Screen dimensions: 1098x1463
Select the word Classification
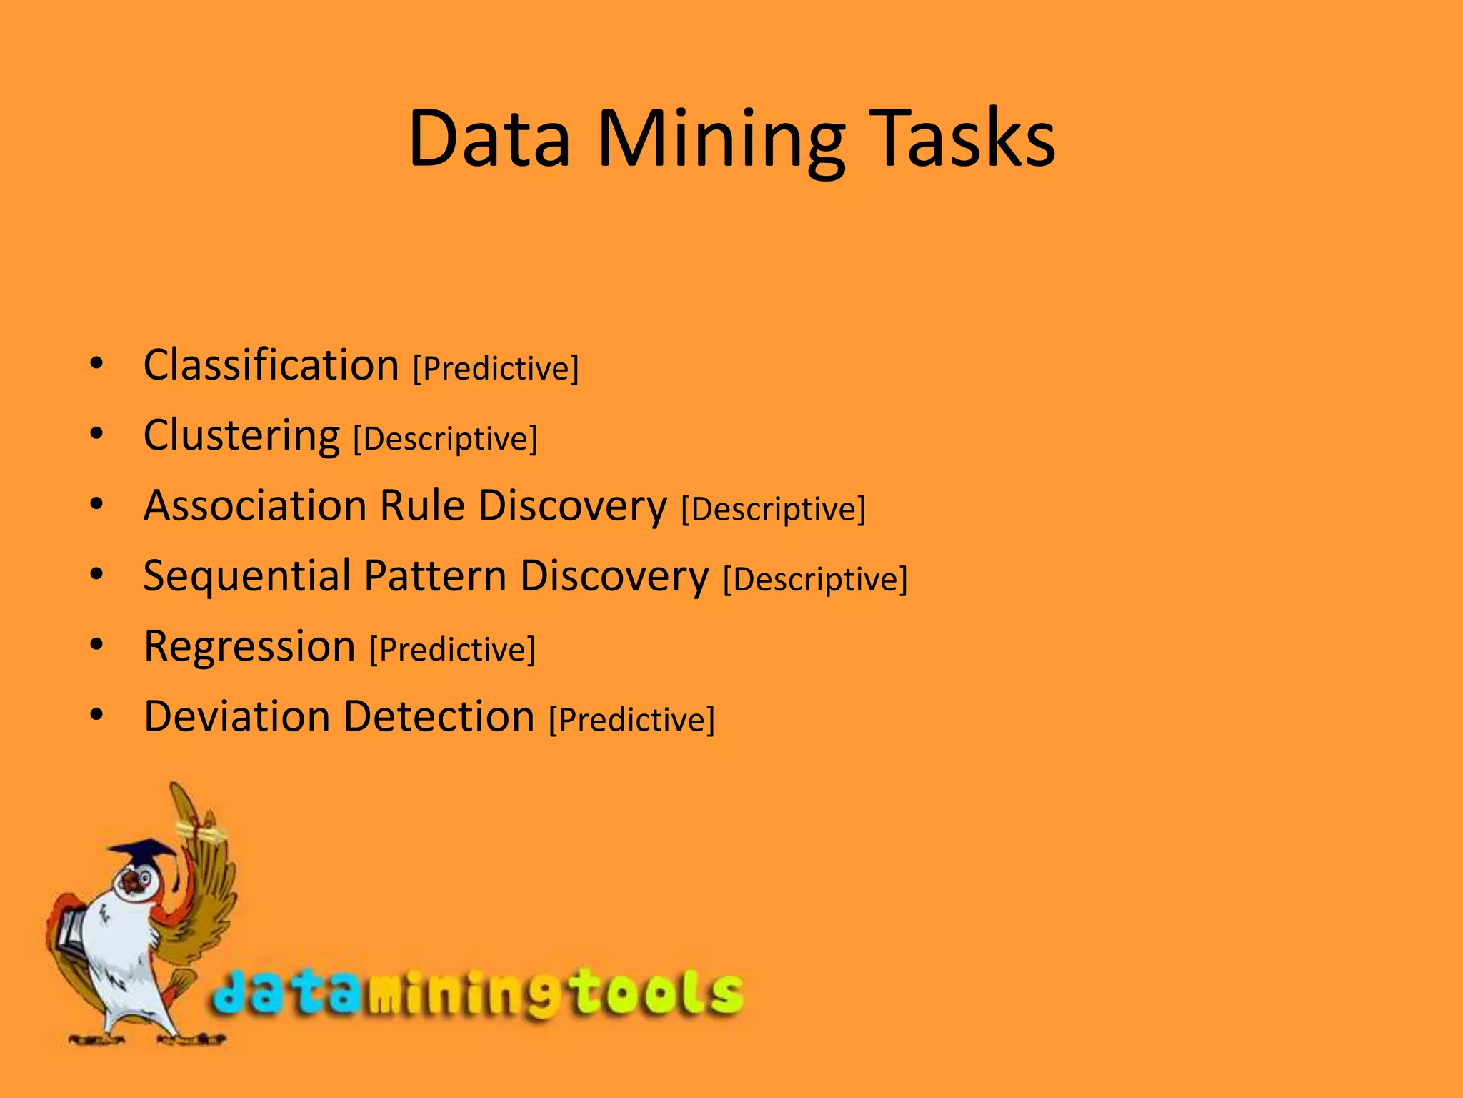pyautogui.click(x=271, y=365)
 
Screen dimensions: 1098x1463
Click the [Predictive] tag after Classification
pyautogui.click(x=496, y=369)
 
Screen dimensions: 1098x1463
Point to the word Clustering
pyautogui.click(x=241, y=435)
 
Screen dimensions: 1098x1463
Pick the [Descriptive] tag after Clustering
pyautogui.click(x=445, y=439)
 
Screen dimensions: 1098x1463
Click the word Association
pyautogui.click(x=256, y=505)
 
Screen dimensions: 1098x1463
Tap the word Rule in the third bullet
pyautogui.click(x=422, y=505)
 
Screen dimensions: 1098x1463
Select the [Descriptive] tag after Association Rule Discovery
pyautogui.click(x=773, y=509)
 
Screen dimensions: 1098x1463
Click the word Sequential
pyautogui.click(x=247, y=576)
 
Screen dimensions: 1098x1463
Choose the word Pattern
pyautogui.click(x=435, y=575)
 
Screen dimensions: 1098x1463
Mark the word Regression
pyautogui.click(x=249, y=646)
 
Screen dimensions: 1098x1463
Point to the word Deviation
pyautogui.click(x=236, y=716)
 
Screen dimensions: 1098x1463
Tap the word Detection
pyautogui.click(x=439, y=716)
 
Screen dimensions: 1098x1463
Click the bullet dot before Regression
pyautogui.click(x=97, y=646)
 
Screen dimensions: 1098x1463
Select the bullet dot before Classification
pyautogui.click(x=97, y=364)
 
